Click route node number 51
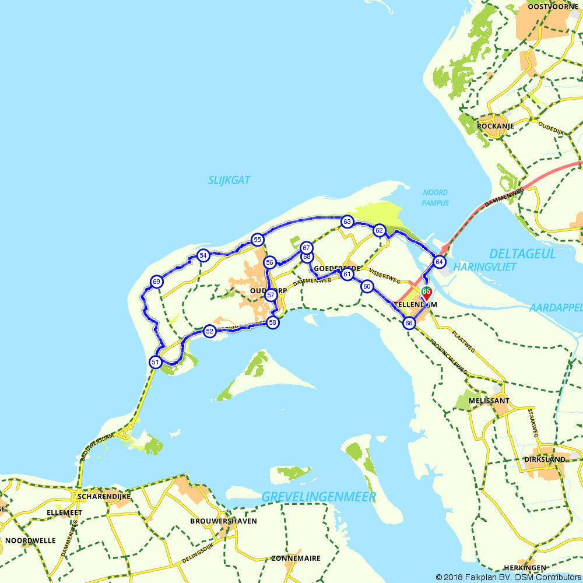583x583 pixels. click(155, 362)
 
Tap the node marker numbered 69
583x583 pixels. click(156, 282)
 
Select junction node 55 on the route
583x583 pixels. click(257, 240)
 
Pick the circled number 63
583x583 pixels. click(347, 222)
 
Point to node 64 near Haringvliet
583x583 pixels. click(440, 262)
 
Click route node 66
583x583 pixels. click(409, 323)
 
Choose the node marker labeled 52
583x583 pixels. click(209, 331)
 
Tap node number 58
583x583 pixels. click(272, 322)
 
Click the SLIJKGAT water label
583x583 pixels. click(229, 181)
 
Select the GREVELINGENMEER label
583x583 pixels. click(318, 497)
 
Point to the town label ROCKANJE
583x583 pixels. click(495, 126)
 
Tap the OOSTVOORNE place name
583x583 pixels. click(552, 7)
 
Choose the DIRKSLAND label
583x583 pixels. click(544, 459)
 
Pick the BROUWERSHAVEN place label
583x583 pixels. click(223, 521)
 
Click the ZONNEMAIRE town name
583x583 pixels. click(296, 559)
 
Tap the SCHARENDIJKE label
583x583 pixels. click(104, 497)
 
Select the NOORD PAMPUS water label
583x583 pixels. click(436, 198)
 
